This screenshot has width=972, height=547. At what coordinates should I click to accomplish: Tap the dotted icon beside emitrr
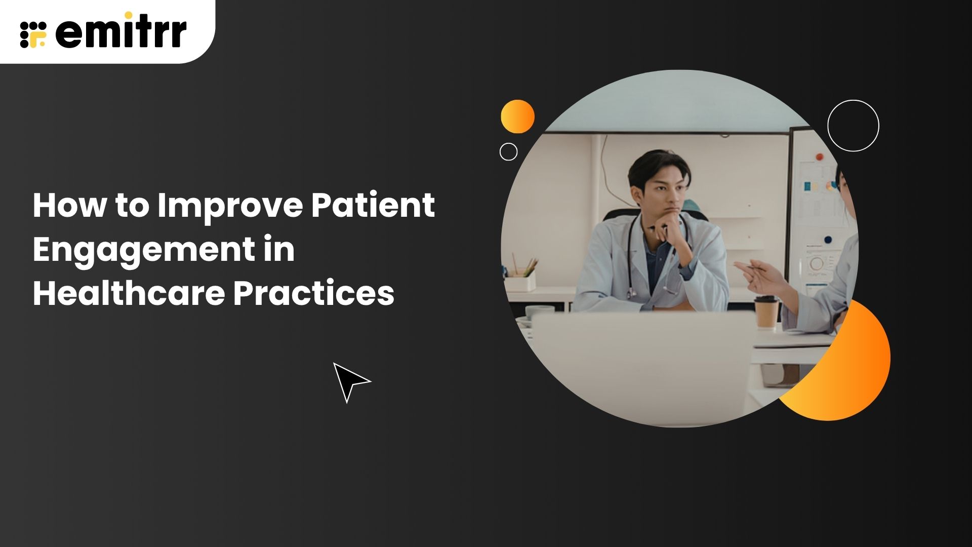tap(33, 34)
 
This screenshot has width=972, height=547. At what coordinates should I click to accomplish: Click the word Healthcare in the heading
tap(128, 293)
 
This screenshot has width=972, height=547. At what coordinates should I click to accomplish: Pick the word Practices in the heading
tap(314, 293)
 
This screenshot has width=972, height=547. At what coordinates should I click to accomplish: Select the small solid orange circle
tap(517, 116)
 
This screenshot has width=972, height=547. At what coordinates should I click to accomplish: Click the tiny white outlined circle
tap(508, 151)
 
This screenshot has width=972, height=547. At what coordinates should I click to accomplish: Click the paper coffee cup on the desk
tap(766, 312)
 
